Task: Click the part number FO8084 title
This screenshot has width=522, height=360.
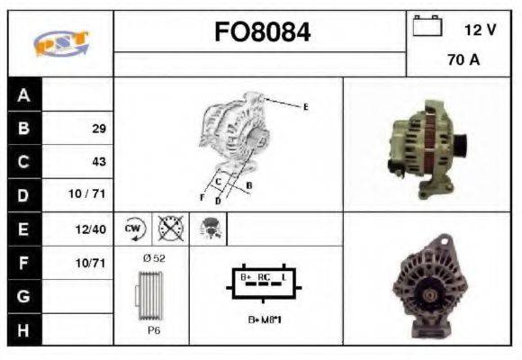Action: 262,33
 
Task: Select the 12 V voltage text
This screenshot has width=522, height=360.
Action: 480,30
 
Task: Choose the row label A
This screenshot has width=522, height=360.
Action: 23,94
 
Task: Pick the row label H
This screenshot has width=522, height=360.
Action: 23,329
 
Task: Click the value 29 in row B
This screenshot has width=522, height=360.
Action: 98,129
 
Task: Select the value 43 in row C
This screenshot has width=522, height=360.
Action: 98,162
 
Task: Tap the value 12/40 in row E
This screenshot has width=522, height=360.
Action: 93,229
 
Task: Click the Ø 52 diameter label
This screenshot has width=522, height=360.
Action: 155,258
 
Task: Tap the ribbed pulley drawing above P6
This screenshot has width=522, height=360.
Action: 153,294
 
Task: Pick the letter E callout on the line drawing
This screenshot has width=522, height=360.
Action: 306,107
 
